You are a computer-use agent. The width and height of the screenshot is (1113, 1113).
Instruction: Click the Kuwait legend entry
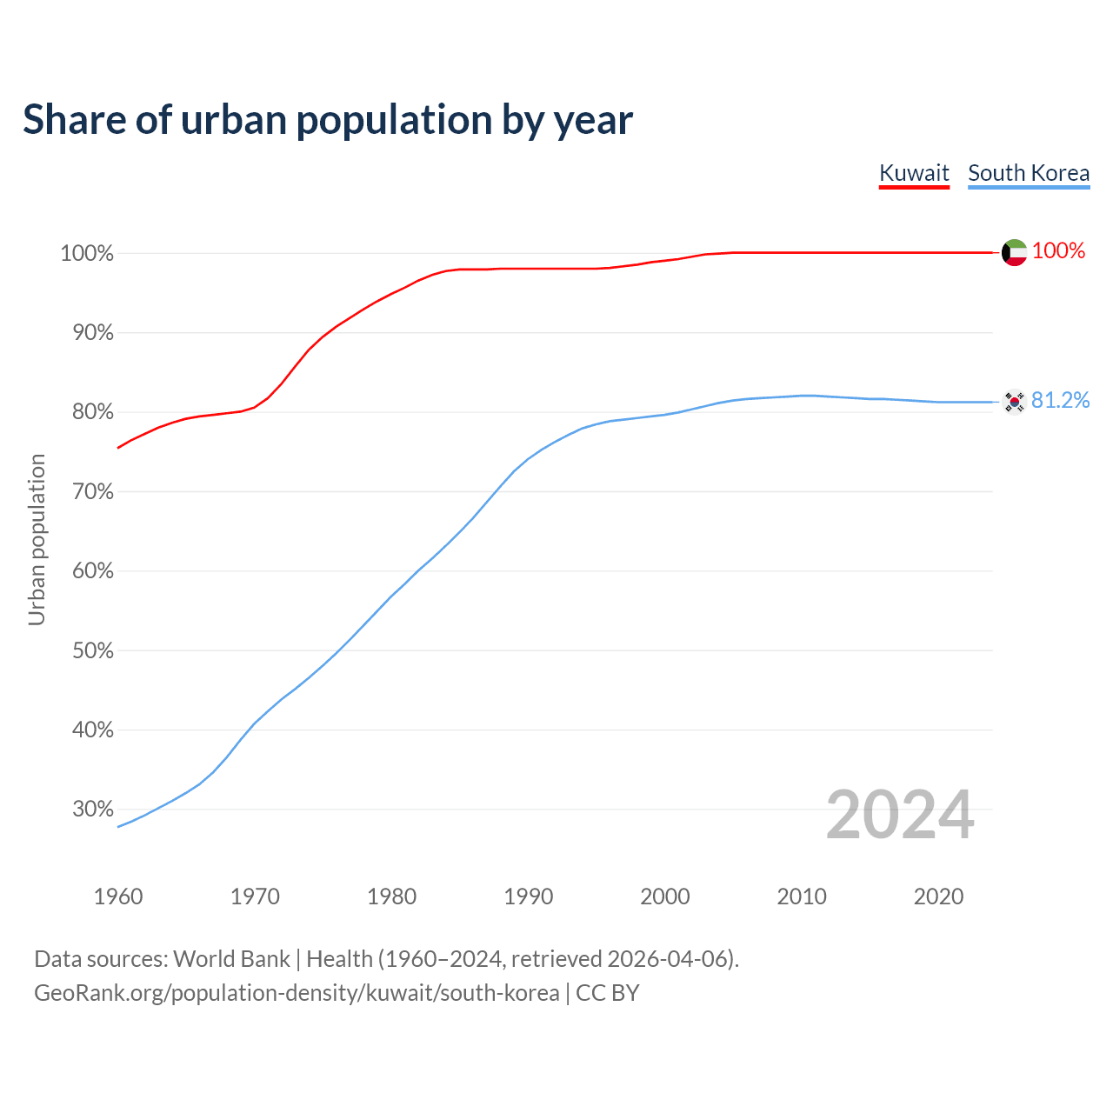pos(914,173)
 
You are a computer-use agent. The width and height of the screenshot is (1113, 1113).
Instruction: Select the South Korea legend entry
pos(1029,173)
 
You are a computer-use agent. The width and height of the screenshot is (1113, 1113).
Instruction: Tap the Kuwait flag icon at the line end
pos(1015,252)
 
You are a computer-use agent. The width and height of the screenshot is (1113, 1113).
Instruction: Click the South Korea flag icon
pos(1015,402)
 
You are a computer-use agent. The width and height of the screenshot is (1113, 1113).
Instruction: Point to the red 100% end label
pos(1058,251)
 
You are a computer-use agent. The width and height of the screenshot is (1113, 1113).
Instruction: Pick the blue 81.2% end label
pos(1060,400)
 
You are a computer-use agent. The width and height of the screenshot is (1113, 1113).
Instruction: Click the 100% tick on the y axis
pos(87,254)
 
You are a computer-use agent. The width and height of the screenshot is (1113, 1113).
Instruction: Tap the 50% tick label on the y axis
pos(92,651)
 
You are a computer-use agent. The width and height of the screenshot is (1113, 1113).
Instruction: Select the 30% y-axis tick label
pos(92,810)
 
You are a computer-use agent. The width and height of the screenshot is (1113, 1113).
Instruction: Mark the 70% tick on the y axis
pos(92,492)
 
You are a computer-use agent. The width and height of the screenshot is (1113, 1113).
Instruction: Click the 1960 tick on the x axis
pos(118,896)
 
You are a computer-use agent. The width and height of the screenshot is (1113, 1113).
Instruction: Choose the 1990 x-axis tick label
pos(529,896)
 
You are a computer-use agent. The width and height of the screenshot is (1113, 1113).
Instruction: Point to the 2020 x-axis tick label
pos(938,896)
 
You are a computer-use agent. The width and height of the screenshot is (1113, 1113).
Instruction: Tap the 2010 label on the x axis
pos(802,896)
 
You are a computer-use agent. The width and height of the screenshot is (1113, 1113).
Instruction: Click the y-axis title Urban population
pos(37,540)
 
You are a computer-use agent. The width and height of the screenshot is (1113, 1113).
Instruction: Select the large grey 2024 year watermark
pos(900,815)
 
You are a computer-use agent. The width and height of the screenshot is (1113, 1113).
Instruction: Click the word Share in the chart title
pos(73,119)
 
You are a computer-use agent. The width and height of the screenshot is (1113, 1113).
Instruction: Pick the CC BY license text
pos(608,993)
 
